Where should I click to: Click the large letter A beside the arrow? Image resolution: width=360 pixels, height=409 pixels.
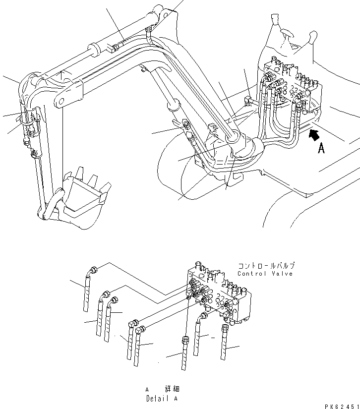[321, 147]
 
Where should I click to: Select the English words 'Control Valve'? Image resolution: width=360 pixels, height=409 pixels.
[265, 274]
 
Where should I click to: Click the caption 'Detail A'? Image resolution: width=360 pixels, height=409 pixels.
[162, 398]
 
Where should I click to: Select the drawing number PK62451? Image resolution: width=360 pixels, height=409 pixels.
[342, 405]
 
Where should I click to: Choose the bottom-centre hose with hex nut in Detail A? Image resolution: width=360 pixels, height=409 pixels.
[184, 354]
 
